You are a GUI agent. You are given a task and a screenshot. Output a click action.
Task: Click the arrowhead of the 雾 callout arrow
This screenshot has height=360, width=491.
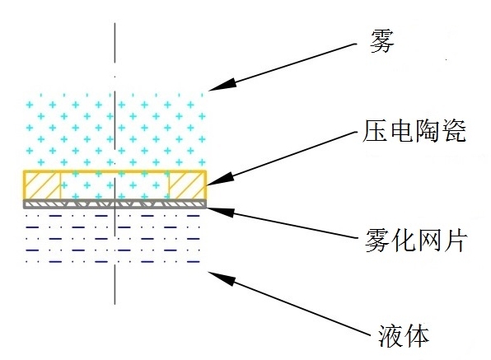[213, 86]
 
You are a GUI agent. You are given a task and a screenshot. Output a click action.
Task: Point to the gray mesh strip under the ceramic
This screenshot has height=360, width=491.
[115, 201]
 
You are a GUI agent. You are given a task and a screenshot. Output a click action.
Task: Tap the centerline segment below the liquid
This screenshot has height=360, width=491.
[115, 283]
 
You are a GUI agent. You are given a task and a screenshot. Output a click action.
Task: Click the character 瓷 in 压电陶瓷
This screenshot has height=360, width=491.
[453, 133]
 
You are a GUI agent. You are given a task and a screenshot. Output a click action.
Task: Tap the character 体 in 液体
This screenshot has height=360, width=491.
[414, 334]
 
